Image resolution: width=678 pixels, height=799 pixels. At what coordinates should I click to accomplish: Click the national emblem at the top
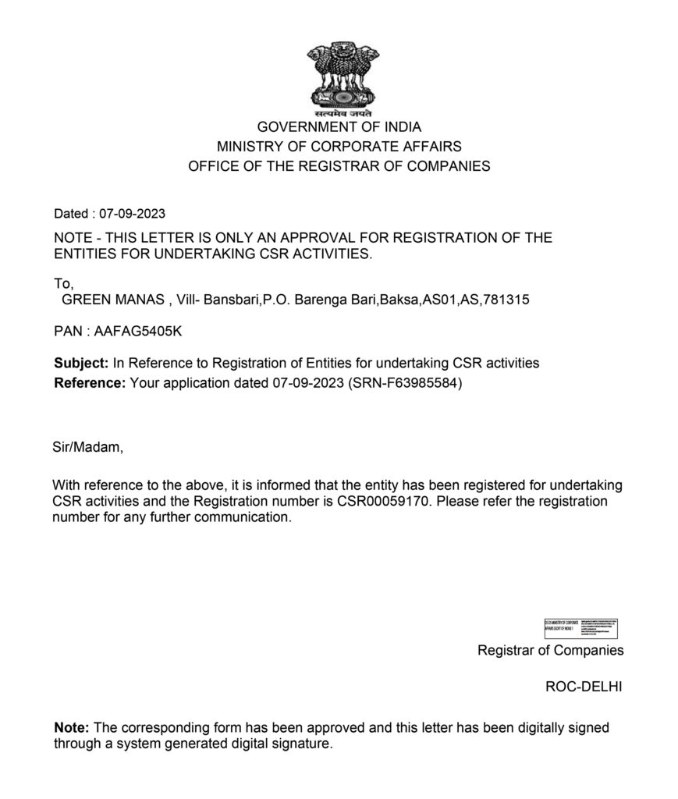339,78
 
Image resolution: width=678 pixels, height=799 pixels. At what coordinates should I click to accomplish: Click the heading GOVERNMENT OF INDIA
339,126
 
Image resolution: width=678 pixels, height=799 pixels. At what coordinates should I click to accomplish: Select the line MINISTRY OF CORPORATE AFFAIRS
339,146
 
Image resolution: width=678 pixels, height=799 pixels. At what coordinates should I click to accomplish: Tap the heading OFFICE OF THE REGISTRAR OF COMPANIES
339,165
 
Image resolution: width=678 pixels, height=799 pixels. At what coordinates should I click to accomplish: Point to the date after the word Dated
132,214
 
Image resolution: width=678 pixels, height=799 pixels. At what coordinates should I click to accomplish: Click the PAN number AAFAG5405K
137,332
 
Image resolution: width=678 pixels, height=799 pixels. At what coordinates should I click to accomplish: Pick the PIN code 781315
507,300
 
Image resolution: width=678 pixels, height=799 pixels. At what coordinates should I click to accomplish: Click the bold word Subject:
81,363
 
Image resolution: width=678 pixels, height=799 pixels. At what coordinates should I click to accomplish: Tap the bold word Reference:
89,382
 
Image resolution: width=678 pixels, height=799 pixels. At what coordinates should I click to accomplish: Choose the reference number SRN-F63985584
406,382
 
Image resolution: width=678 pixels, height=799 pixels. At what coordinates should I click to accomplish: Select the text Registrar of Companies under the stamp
550,650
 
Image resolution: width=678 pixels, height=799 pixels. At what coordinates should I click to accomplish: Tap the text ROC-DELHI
584,687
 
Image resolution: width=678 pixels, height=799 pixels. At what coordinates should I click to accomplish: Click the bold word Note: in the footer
72,727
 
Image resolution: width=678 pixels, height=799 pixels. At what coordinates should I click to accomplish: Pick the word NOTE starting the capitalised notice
73,238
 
